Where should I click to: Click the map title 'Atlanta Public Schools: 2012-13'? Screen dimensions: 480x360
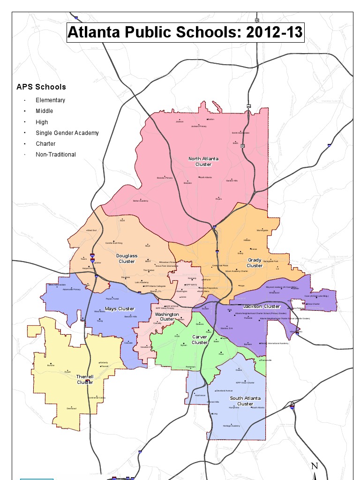(185, 33)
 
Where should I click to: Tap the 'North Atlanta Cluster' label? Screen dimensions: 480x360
(203, 162)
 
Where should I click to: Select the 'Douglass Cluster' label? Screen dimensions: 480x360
(127, 258)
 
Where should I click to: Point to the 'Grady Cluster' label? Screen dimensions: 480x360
(255, 262)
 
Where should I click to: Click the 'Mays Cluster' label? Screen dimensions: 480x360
(120, 309)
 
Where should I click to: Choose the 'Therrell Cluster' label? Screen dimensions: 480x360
(85, 379)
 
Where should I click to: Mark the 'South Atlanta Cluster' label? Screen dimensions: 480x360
(245, 401)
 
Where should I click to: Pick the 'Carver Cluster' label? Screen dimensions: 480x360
(200, 339)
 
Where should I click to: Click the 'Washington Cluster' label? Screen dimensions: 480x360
(167, 317)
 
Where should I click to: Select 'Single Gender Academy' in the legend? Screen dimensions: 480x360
(67, 133)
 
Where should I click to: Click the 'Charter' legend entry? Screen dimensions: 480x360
(45, 144)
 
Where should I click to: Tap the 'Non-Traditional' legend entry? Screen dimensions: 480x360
(55, 155)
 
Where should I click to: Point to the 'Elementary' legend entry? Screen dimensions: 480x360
(50, 100)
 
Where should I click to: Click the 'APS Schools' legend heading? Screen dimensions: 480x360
(41, 87)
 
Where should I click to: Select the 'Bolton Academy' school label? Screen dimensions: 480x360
(141, 201)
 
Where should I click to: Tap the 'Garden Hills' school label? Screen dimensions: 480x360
(232, 180)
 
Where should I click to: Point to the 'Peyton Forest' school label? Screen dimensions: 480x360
(112, 299)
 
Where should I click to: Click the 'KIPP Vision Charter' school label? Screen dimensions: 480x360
(245, 382)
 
